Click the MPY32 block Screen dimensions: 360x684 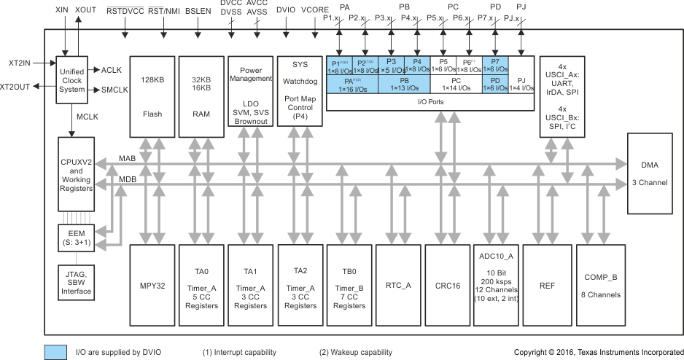point(150,285)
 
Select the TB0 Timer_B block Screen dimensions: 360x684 point(349,285)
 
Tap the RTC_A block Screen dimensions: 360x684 point(398,285)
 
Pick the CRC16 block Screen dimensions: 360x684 point(448,285)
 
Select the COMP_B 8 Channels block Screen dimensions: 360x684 point(602,285)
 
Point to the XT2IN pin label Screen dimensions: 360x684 point(15,63)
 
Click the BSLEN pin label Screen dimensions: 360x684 point(198,12)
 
